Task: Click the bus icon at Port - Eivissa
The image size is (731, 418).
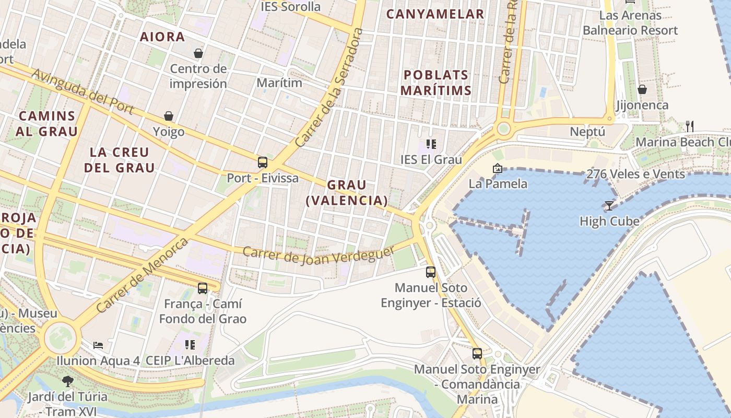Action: [263, 162]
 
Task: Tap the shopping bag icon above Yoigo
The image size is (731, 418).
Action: [169, 116]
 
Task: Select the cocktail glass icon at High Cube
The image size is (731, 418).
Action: [609, 205]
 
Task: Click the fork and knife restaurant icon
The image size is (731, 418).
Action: [689, 126]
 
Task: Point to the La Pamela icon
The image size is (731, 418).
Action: [497, 168]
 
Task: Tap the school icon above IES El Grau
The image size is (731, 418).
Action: [431, 144]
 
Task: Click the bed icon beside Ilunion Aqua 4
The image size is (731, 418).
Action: [98, 345]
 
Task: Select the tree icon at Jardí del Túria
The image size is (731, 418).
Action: [67, 381]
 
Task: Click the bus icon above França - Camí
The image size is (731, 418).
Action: [202, 288]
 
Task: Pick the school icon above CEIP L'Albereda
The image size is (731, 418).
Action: [190, 345]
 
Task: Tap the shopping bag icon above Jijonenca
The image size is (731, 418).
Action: [642, 89]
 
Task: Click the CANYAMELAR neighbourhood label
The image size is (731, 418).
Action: [435, 14]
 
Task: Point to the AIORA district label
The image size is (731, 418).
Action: [162, 37]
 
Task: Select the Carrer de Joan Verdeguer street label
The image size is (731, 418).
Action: [319, 254]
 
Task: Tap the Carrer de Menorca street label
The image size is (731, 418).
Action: [142, 275]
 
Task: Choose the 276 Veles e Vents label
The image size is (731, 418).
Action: [635, 174]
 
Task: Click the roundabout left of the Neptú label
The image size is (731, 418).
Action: [503, 128]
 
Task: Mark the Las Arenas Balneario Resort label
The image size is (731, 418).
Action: [630, 23]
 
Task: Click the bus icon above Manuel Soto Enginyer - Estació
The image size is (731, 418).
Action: [430, 272]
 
